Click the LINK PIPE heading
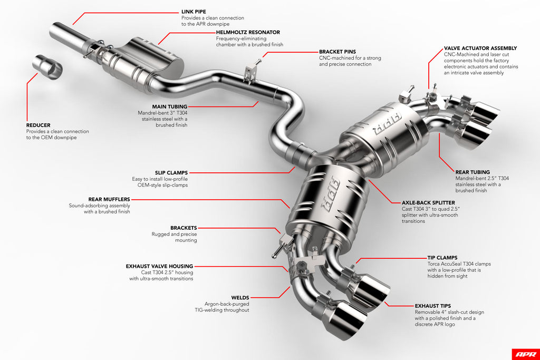click(x=194, y=11)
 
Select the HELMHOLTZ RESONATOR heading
click(x=248, y=32)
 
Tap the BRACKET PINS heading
click(x=337, y=52)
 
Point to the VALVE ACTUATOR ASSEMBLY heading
click(x=480, y=48)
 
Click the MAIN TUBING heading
click(x=170, y=106)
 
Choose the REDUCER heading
click(x=39, y=125)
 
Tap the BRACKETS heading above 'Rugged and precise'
click(x=184, y=228)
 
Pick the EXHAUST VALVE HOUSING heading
click(x=159, y=266)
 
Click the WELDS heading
click(x=240, y=297)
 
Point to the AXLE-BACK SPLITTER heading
click(x=428, y=202)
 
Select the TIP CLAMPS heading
click(x=442, y=258)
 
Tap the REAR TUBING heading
click(x=472, y=172)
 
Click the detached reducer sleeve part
click(x=47, y=67)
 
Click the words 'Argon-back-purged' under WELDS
click(x=227, y=304)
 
